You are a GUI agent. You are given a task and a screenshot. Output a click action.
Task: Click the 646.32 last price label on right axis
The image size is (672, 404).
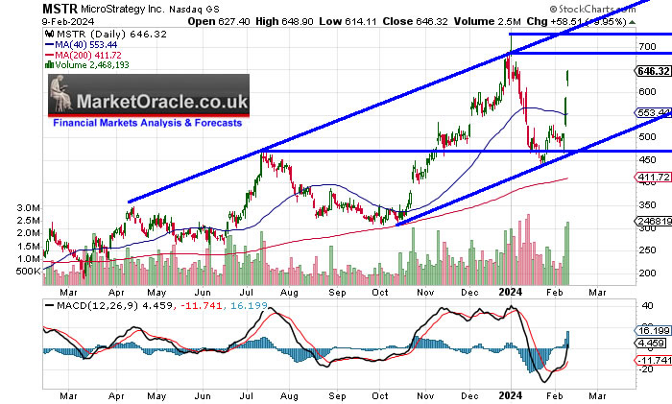pyautogui.click(x=652, y=71)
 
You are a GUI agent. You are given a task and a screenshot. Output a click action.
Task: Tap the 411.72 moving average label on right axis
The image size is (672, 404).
pyautogui.click(x=652, y=178)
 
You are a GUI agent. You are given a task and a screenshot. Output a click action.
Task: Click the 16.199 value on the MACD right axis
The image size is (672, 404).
pyautogui.click(x=652, y=328)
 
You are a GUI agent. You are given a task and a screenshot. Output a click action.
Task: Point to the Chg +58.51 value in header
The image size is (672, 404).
pyautogui.click(x=592, y=20)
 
